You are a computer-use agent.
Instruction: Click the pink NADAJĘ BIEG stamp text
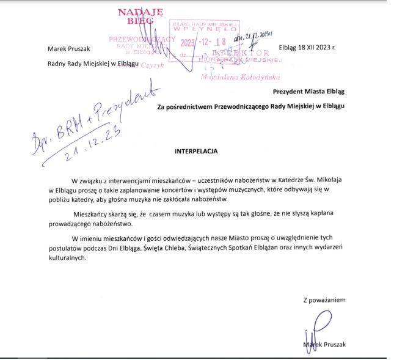pyautogui.click(x=139, y=17)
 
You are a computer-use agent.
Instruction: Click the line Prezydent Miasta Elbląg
pyautogui.click(x=308, y=92)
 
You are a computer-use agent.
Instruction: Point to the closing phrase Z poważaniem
pyautogui.click(x=324, y=300)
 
